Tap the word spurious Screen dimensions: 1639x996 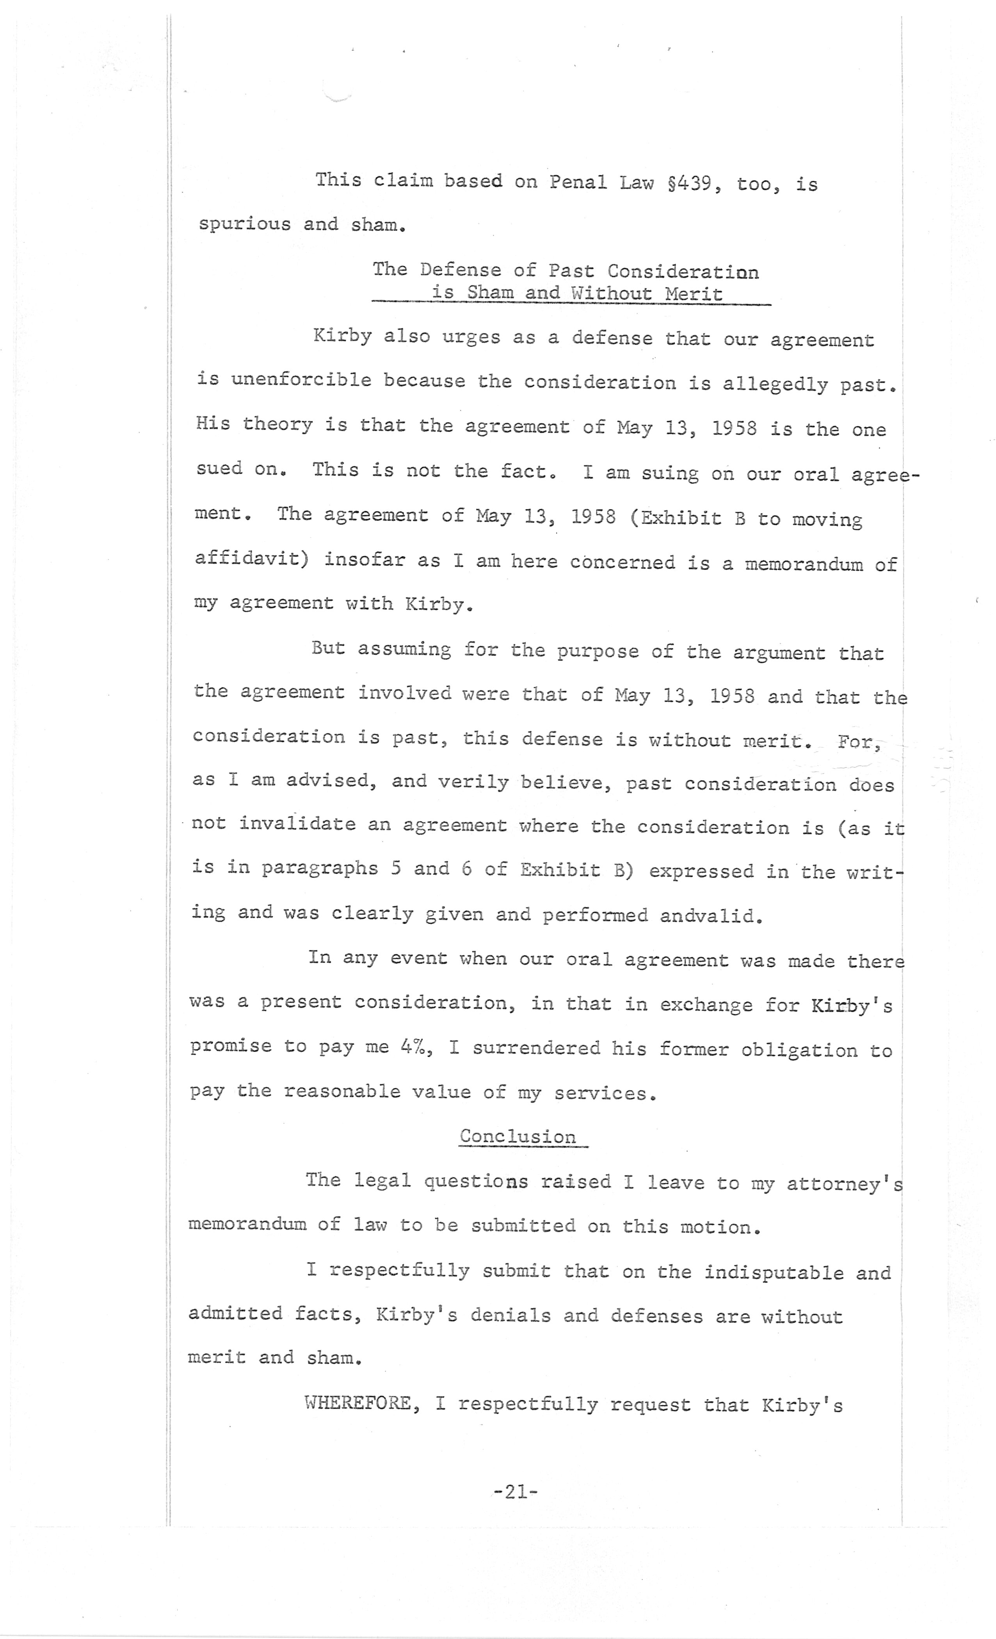click(244, 224)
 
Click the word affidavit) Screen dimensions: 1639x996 click(251, 559)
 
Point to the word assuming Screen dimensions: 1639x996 click(404, 649)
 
